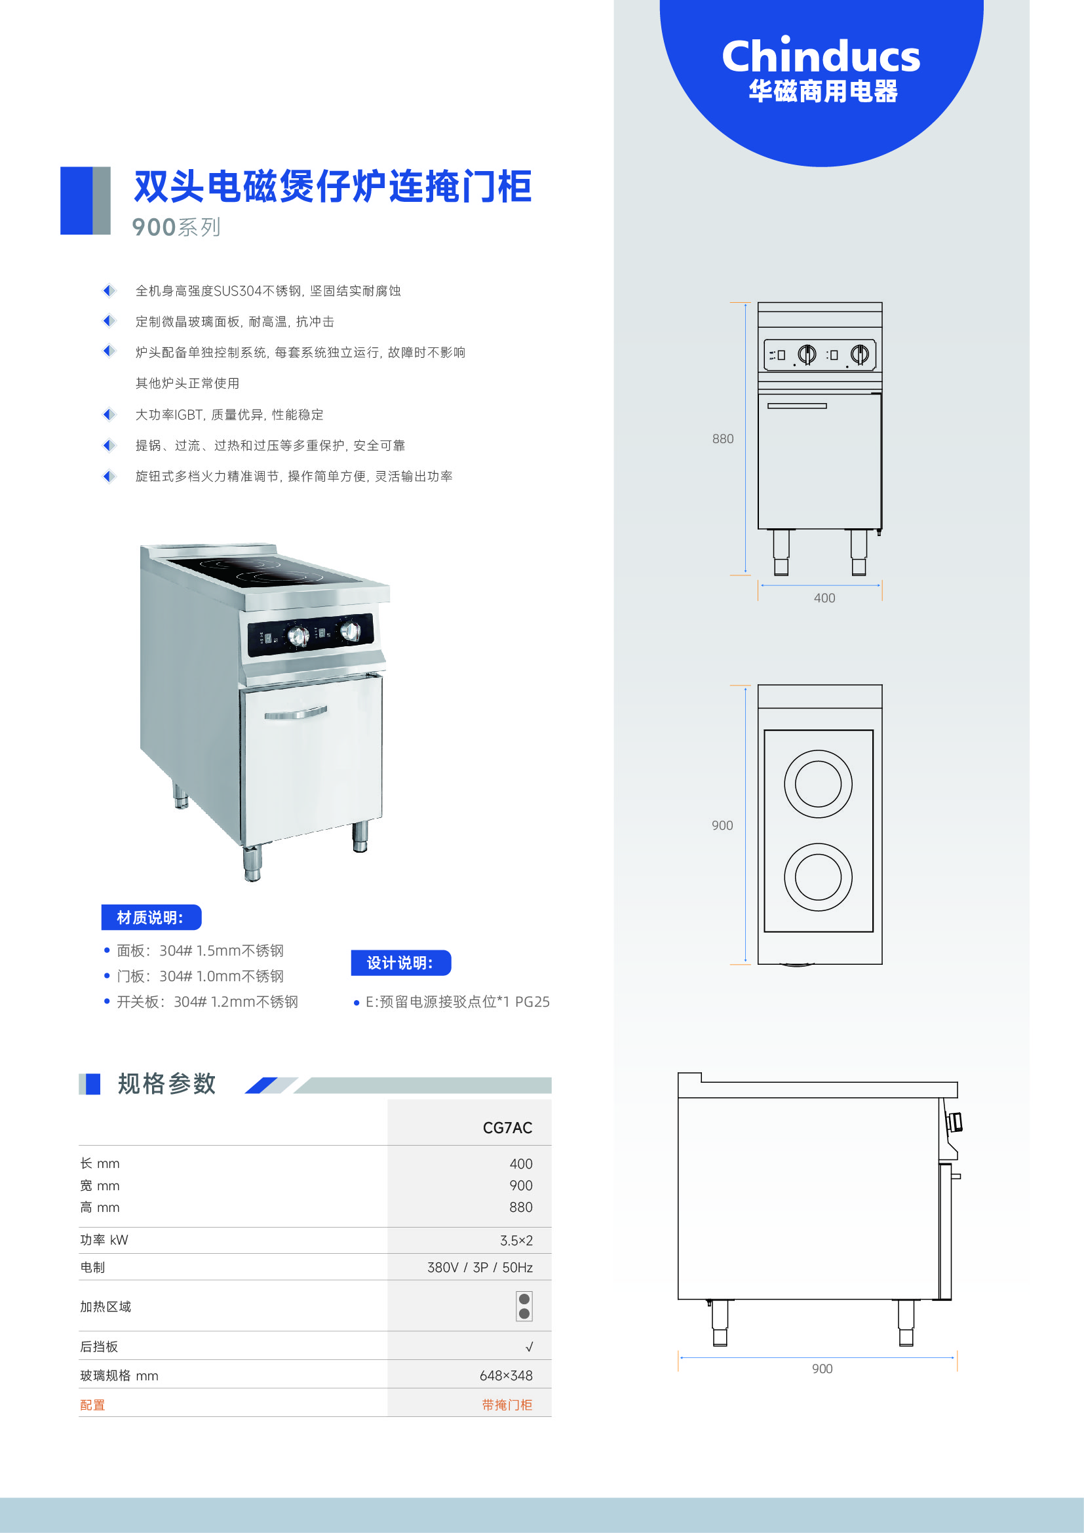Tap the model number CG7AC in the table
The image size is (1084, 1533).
tap(507, 1128)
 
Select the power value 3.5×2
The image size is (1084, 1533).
tap(516, 1241)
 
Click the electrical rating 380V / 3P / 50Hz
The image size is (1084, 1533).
tap(480, 1268)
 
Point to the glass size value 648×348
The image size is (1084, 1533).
tap(506, 1376)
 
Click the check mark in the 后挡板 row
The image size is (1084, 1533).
tap(529, 1347)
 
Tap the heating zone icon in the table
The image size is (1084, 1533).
tap(524, 1306)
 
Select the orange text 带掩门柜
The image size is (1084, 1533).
tap(507, 1405)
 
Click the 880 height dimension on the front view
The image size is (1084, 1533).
tap(722, 438)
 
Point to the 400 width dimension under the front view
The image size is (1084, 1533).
tap(824, 598)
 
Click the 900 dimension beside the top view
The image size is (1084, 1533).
tap(722, 825)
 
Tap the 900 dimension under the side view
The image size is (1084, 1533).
tap(823, 1368)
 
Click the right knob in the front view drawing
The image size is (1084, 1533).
tap(860, 354)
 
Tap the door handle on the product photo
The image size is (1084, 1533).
tap(296, 713)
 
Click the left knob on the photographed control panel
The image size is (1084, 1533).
tap(298, 636)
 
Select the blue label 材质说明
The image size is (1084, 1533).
tap(151, 918)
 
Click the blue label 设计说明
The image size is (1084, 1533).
tap(401, 963)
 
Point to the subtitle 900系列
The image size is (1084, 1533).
tap(176, 227)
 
